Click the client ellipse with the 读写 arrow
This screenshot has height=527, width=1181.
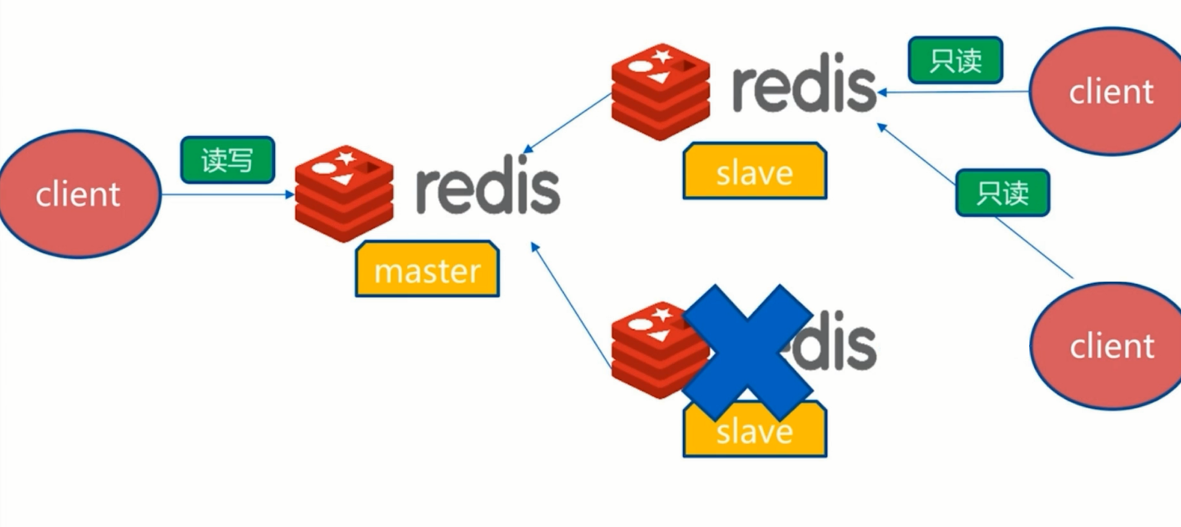80,195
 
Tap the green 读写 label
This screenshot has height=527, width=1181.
227,159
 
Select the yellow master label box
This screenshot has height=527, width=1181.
427,268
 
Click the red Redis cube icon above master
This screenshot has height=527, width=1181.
344,194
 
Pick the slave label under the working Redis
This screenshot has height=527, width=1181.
754,172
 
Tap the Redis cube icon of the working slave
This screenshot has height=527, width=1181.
660,92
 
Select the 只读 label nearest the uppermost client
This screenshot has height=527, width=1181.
955,61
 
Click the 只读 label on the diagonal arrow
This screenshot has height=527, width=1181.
1002,193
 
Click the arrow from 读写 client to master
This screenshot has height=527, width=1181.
227,195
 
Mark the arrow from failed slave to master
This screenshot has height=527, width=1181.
572,305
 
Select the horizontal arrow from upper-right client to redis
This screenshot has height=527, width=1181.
952,92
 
